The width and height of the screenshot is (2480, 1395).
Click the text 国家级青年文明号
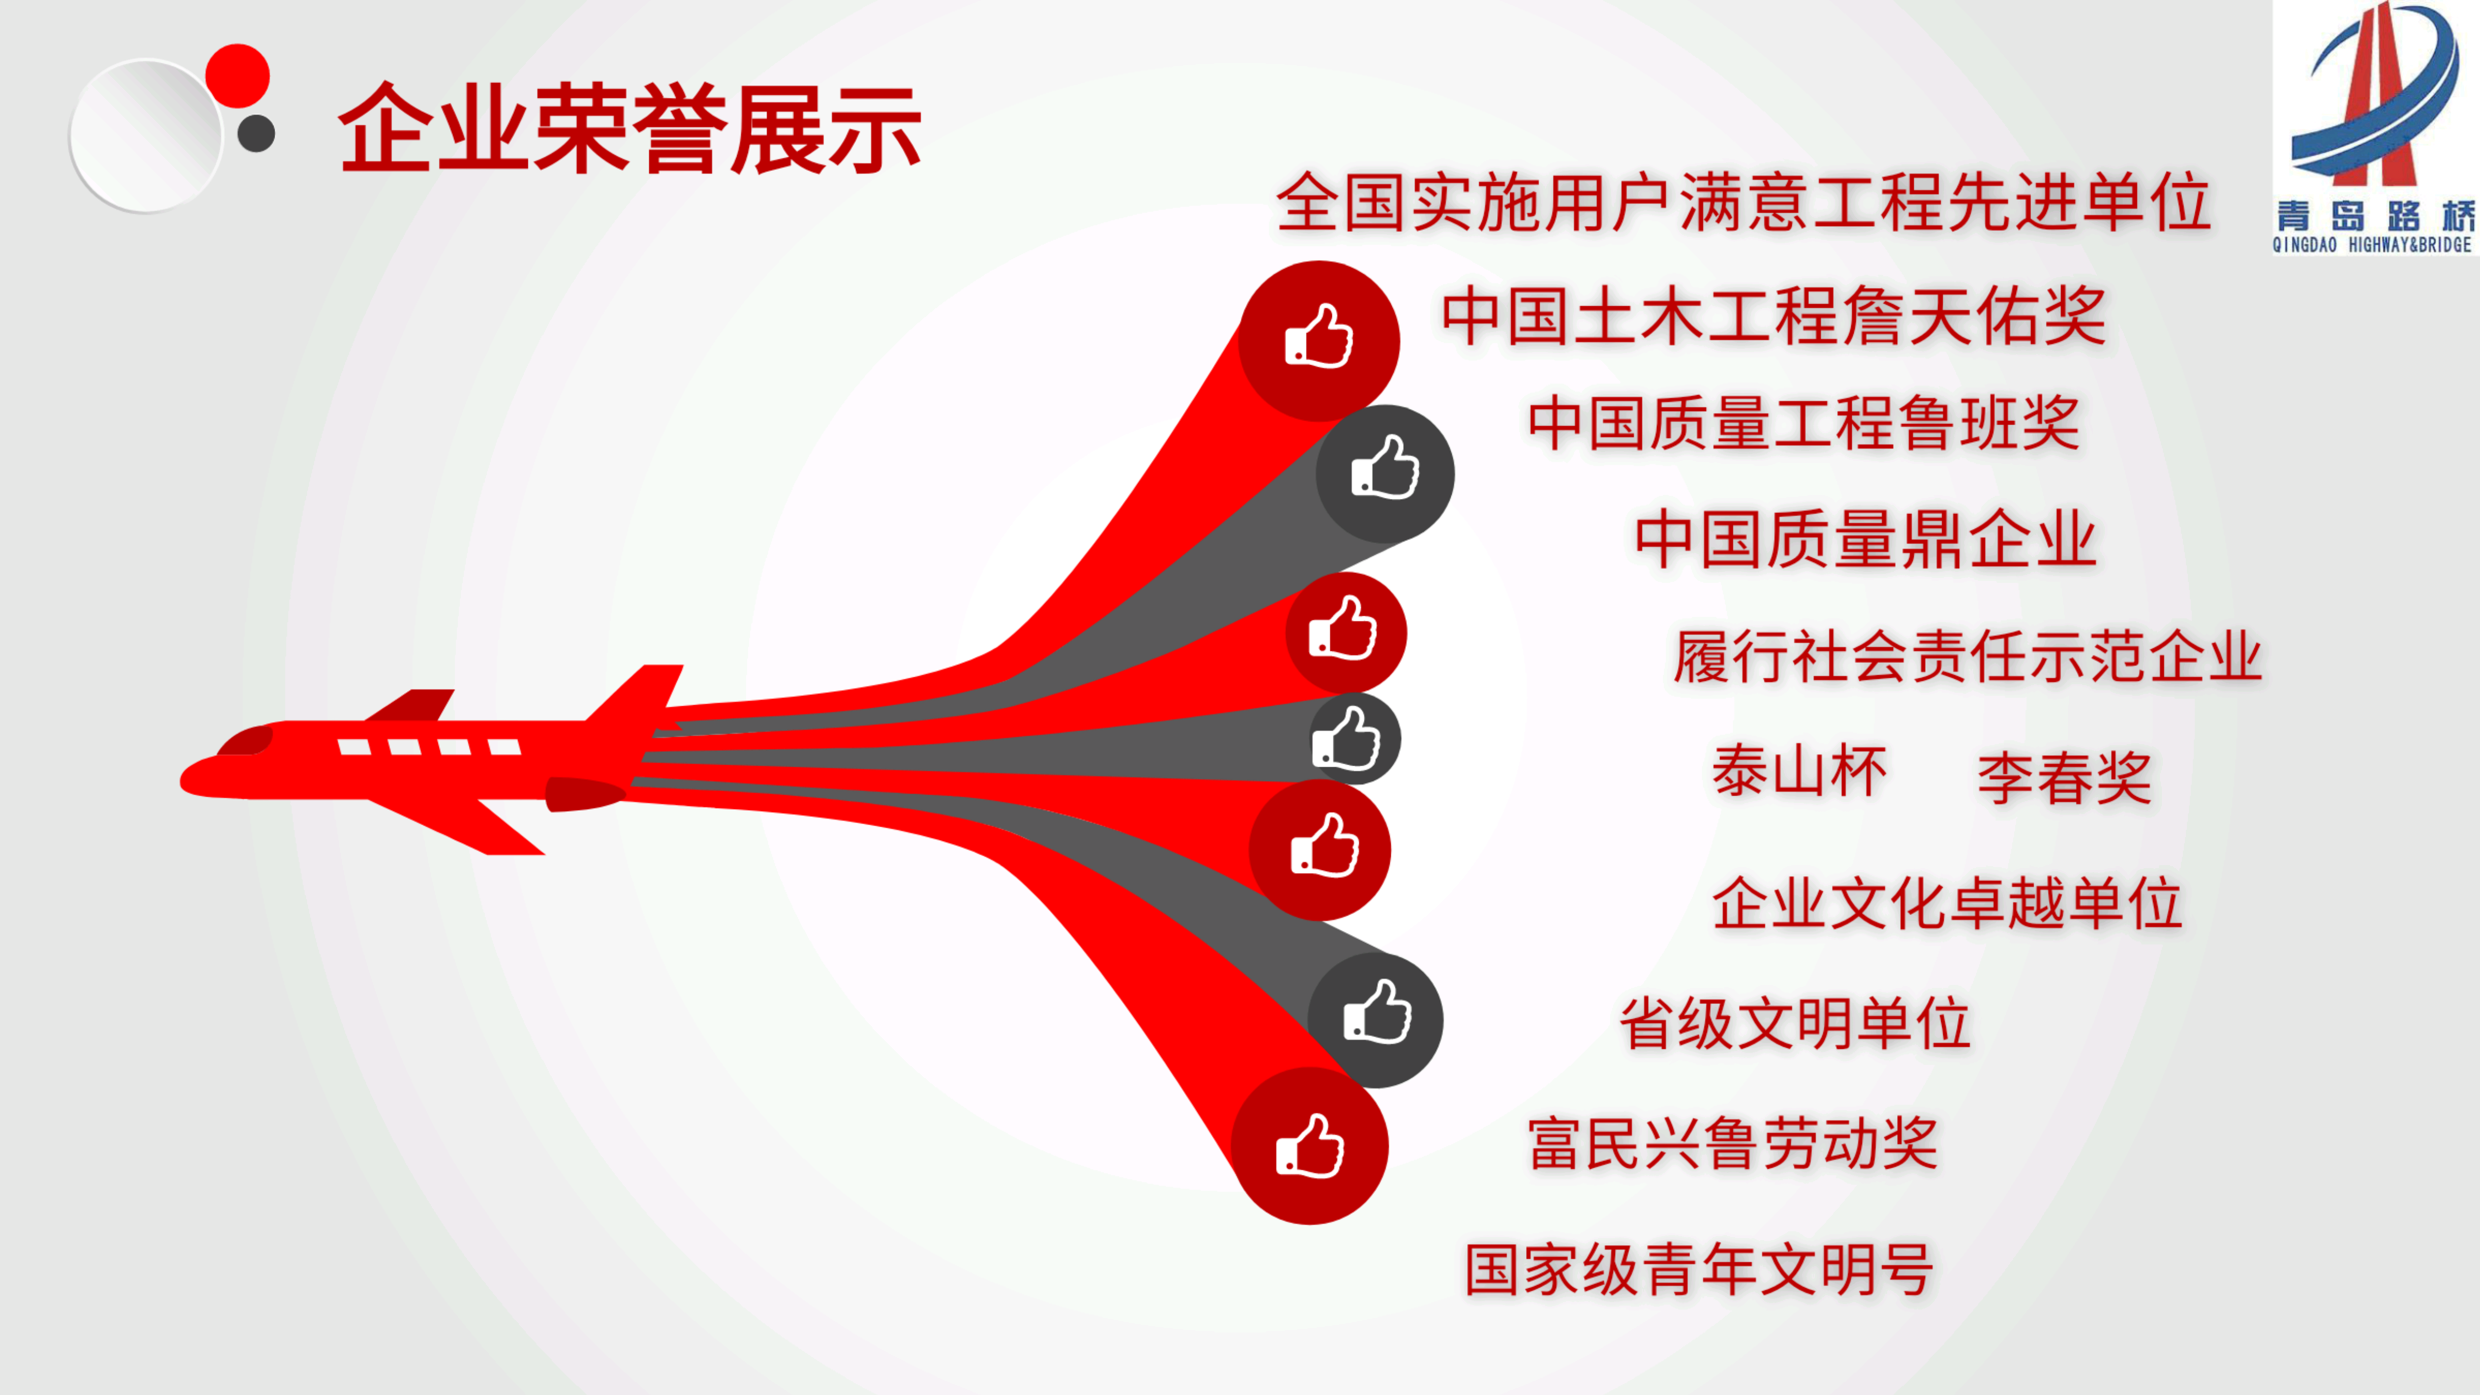coord(1699,1269)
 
